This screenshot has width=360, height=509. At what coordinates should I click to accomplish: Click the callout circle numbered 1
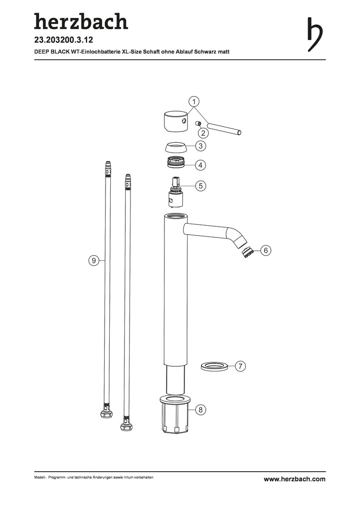tap(194, 102)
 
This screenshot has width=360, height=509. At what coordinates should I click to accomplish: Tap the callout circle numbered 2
tap(204, 132)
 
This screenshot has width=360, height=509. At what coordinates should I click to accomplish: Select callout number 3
tap(201, 146)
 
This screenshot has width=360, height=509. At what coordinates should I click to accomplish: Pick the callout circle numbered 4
tap(201, 165)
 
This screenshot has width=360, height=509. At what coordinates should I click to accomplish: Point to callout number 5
tap(201, 186)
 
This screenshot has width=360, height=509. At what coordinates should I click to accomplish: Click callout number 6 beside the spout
tap(266, 251)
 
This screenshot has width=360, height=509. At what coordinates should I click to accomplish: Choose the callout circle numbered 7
tap(240, 367)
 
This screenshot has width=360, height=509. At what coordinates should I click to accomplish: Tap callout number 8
tap(201, 410)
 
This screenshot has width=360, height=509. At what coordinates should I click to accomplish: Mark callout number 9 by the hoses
tap(93, 260)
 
